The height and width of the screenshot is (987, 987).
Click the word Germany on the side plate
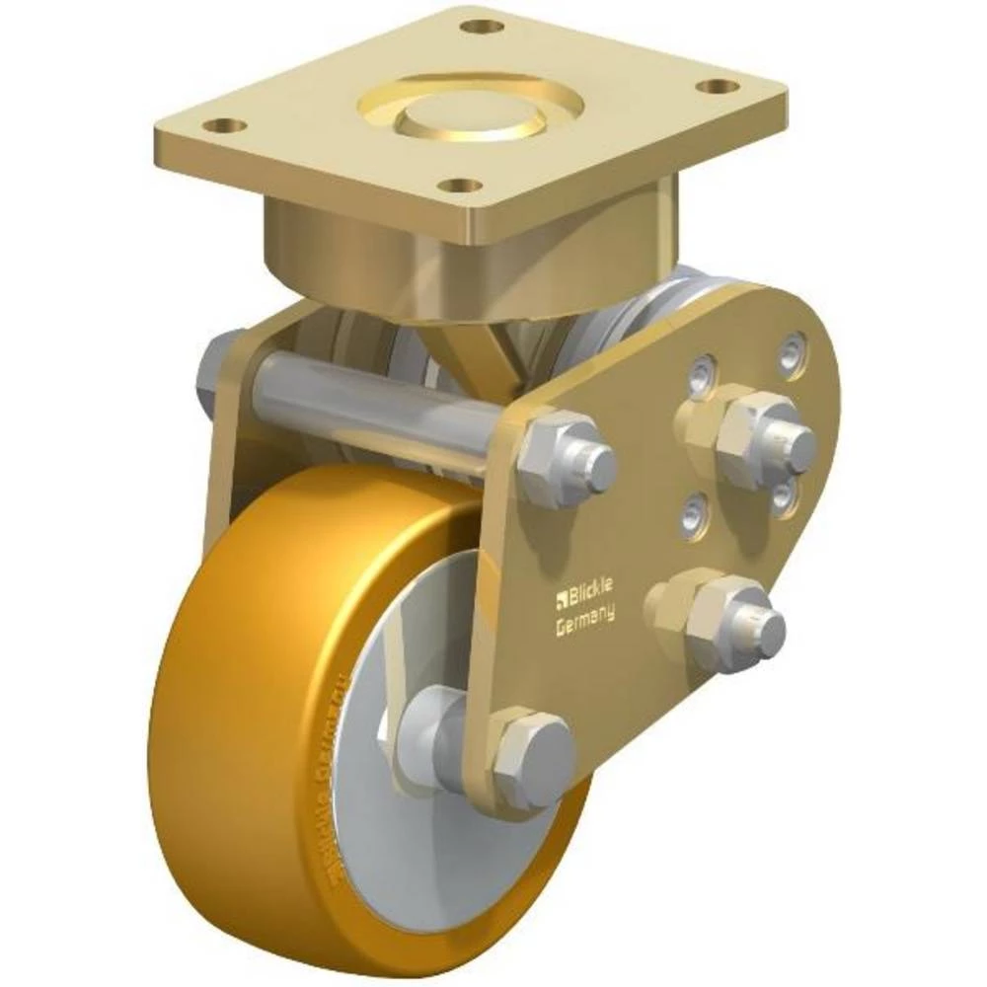coord(585,614)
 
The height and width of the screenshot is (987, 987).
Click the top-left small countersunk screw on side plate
coord(701,373)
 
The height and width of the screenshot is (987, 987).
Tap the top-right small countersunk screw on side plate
coord(793,352)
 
